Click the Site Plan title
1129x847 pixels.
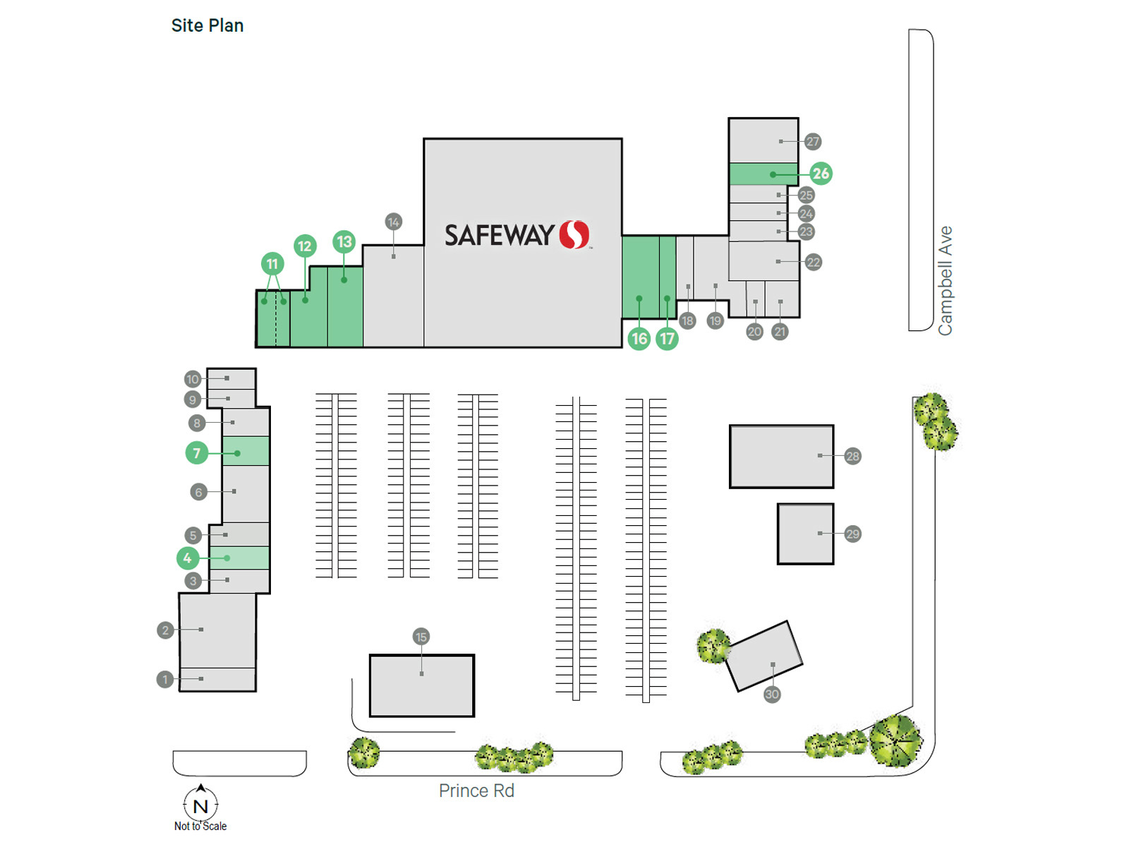click(207, 25)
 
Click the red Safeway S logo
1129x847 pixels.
click(574, 234)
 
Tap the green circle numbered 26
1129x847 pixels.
click(821, 174)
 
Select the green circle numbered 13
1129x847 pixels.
click(344, 242)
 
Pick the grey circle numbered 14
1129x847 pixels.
click(394, 222)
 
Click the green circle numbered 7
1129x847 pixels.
click(197, 452)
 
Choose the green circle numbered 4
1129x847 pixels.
click(188, 558)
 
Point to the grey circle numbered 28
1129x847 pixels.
click(852, 456)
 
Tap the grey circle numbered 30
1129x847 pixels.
click(772, 695)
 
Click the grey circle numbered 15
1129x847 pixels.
click(421, 637)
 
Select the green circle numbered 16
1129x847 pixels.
click(639, 339)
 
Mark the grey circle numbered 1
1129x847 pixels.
click(165, 679)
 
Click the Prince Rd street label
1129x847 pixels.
click(476, 791)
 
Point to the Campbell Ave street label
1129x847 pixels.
click(945, 280)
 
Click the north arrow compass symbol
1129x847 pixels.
click(201, 803)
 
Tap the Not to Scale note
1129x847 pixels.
click(200, 826)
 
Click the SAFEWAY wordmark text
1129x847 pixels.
click(499, 235)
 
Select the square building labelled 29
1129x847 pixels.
click(805, 534)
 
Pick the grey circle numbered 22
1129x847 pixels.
click(814, 263)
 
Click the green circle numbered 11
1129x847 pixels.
click(272, 264)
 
